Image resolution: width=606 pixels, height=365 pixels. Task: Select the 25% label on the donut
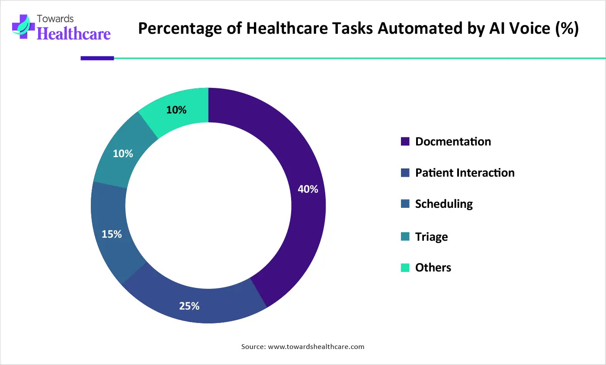click(189, 306)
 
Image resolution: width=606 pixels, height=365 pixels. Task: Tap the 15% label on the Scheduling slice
click(112, 234)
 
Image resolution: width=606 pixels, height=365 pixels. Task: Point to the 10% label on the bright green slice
click(176, 110)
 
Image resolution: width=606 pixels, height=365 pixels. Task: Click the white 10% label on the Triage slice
click(123, 154)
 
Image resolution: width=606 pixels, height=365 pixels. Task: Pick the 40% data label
click(308, 189)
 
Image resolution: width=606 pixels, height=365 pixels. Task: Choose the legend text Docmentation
click(453, 142)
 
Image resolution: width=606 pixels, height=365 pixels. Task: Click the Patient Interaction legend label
click(465, 173)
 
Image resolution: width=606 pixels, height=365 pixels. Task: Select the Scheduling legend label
click(444, 204)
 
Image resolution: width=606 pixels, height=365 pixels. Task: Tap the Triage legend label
click(431, 237)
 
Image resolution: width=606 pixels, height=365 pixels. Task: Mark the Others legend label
click(433, 268)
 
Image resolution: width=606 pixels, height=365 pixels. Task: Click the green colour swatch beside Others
click(405, 268)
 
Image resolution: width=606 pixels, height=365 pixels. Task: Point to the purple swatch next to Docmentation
click(405, 142)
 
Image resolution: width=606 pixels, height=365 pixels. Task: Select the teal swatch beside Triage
click(405, 236)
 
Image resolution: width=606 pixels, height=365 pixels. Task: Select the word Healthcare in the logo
click(74, 34)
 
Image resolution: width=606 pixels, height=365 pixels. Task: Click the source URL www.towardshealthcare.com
click(316, 347)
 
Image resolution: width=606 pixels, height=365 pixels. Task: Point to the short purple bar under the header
click(97, 58)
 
